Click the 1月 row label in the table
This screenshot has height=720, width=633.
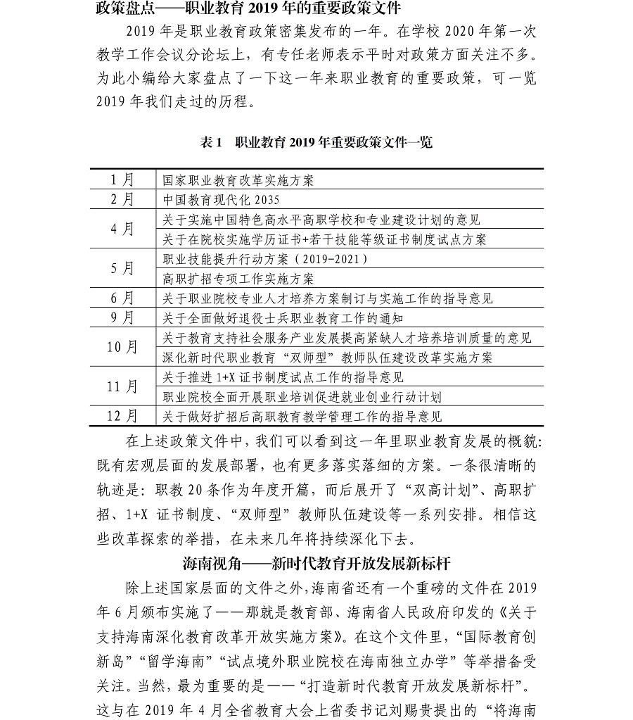pos(122,179)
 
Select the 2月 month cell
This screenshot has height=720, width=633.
pos(122,199)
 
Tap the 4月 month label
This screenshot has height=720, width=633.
pos(122,229)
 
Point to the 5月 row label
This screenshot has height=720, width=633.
pos(122,268)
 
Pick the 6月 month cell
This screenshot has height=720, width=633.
pos(122,298)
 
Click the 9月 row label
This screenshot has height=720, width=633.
pos(122,317)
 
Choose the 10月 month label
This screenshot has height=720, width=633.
pos(122,347)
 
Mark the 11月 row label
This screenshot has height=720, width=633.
pos(122,386)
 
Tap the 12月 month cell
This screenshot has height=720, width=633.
pos(122,416)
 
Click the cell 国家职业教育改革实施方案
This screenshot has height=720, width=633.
pos(238,179)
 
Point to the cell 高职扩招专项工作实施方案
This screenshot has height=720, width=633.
pos(238,279)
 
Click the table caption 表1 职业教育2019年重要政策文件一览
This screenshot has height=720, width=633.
pos(316,142)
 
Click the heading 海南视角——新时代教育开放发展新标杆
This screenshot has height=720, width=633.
pos(316,564)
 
